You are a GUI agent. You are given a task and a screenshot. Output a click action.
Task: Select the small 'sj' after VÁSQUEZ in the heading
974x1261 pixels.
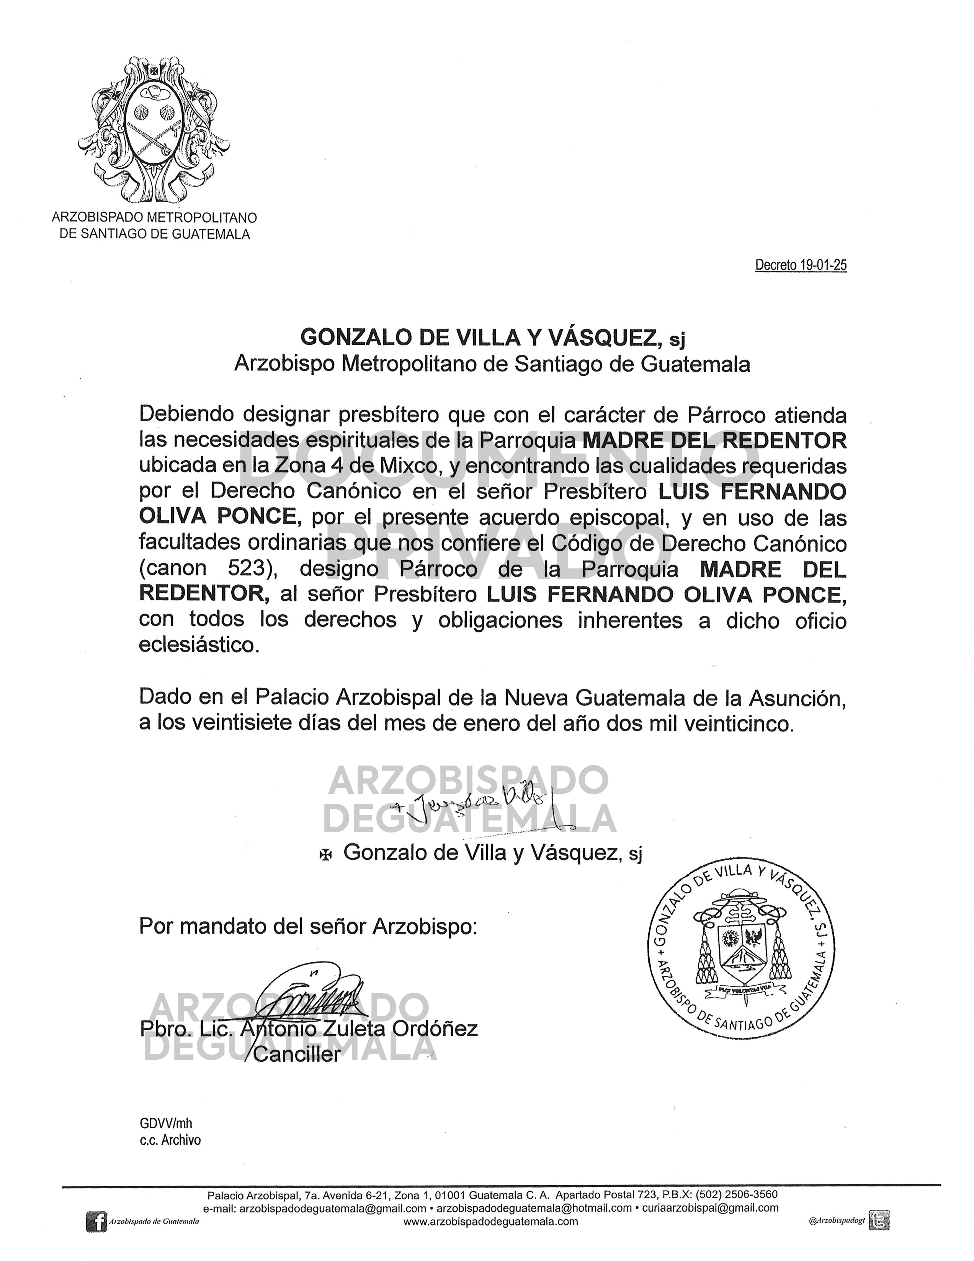coord(677,340)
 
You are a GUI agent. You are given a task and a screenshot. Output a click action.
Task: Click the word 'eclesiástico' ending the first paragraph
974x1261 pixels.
coord(198,645)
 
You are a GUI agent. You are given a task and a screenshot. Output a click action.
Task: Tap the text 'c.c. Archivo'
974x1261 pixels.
coord(170,1140)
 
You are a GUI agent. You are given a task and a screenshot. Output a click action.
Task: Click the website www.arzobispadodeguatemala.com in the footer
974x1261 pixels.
coord(490,1221)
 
